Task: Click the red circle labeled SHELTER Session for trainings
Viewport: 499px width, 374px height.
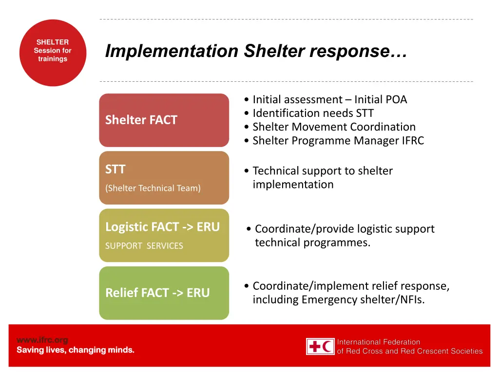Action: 53,53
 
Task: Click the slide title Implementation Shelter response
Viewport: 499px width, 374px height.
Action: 256,51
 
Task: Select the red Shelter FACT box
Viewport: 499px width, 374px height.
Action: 164,120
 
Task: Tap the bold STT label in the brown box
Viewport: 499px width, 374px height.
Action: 115,170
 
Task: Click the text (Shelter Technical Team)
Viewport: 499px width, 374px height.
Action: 153,188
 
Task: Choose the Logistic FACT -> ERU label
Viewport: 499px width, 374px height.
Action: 162,227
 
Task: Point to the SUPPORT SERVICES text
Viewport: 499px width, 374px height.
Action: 144,246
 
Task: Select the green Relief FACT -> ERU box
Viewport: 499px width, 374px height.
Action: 164,293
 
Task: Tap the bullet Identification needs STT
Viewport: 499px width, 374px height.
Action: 313,113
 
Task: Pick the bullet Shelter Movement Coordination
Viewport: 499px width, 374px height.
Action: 334,127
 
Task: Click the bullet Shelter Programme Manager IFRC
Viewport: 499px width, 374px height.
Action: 338,141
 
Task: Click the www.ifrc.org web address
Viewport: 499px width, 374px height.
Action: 42,340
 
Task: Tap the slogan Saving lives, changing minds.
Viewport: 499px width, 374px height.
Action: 76,350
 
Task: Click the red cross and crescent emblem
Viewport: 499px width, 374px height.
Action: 320,346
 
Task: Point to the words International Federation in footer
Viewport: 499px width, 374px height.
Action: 378,342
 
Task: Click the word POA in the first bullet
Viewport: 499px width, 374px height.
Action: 396,100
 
